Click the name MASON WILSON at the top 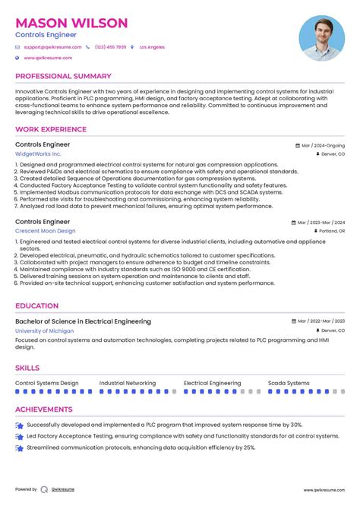pyautogui.click(x=71, y=23)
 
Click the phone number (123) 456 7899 pyautogui.click(x=110, y=47)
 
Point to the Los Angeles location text pyautogui.click(x=152, y=47)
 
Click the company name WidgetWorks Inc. pyautogui.click(x=39, y=153)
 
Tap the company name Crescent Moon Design pyautogui.click(x=46, y=231)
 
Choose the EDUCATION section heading pyautogui.click(x=36, y=306)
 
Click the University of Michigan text pyautogui.click(x=45, y=331)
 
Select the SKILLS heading pyautogui.click(x=27, y=368)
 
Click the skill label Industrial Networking pyautogui.click(x=128, y=384)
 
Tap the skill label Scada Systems pyautogui.click(x=289, y=384)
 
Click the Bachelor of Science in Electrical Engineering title pyautogui.click(x=83, y=321)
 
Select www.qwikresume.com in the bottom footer pyautogui.click(x=326, y=490)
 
